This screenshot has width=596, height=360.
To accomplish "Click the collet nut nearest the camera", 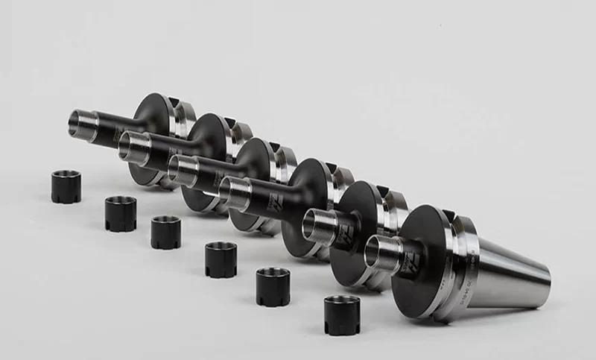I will tap(342, 315).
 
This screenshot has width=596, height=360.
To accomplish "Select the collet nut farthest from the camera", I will tap(66, 186).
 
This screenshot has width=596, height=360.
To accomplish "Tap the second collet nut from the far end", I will tap(120, 213).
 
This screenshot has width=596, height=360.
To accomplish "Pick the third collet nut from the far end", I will tap(166, 232).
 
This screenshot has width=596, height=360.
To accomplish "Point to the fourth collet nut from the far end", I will tap(221, 259).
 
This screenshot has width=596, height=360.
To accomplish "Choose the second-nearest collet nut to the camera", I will tap(273, 286).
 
